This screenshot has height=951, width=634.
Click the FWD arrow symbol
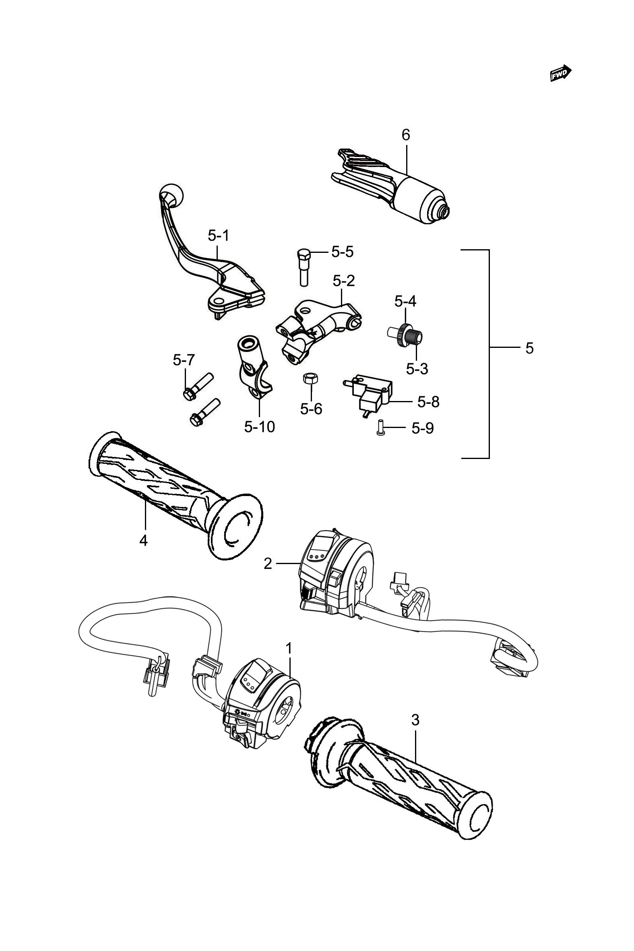click(561, 73)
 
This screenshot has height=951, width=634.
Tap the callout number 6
click(405, 134)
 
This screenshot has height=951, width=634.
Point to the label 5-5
click(343, 252)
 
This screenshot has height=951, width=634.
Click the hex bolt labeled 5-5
click(304, 267)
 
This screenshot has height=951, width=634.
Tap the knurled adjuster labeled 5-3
click(415, 337)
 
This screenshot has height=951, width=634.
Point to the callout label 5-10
click(260, 426)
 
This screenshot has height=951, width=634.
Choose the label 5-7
click(184, 360)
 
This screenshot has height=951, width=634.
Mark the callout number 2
click(268, 563)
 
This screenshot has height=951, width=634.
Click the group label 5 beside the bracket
click(530, 348)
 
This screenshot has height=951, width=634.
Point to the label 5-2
click(344, 280)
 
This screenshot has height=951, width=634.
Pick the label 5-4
click(405, 301)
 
